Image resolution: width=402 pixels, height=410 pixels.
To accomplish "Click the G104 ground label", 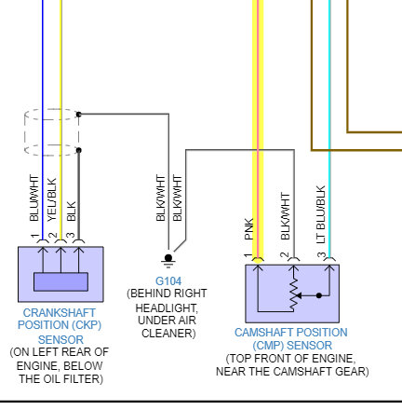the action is [x=168, y=281].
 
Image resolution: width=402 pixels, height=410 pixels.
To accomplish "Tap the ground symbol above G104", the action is [x=168, y=261].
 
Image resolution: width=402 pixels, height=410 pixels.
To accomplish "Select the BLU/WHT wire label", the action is [x=34, y=198].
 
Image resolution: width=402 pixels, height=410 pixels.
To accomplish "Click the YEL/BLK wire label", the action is [x=52, y=199].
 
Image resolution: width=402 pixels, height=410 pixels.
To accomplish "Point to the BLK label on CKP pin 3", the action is [x=72, y=212].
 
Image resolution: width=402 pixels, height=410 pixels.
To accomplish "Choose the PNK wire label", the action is [x=249, y=229].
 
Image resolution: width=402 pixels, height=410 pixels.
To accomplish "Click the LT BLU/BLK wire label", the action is [x=320, y=214].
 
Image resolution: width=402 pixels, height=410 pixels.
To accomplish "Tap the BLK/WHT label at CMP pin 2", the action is [x=285, y=216].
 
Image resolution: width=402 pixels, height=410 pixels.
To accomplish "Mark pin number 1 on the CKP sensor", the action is [x=34, y=237].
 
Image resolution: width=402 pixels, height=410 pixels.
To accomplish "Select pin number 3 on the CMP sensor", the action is [x=321, y=255].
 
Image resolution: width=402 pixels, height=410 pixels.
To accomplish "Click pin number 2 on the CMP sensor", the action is [x=284, y=255].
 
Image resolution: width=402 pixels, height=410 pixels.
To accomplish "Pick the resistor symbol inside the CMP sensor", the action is [x=293, y=295].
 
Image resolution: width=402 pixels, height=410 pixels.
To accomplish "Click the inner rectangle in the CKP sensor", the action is [x=60, y=281].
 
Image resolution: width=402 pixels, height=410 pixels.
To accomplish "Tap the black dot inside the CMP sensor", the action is [x=319, y=295].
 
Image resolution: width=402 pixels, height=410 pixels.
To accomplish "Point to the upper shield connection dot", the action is [x=79, y=115].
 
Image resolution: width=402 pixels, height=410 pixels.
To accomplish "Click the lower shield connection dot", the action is [x=79, y=150].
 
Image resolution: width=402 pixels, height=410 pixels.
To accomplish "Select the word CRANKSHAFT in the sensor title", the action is [x=60, y=312].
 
